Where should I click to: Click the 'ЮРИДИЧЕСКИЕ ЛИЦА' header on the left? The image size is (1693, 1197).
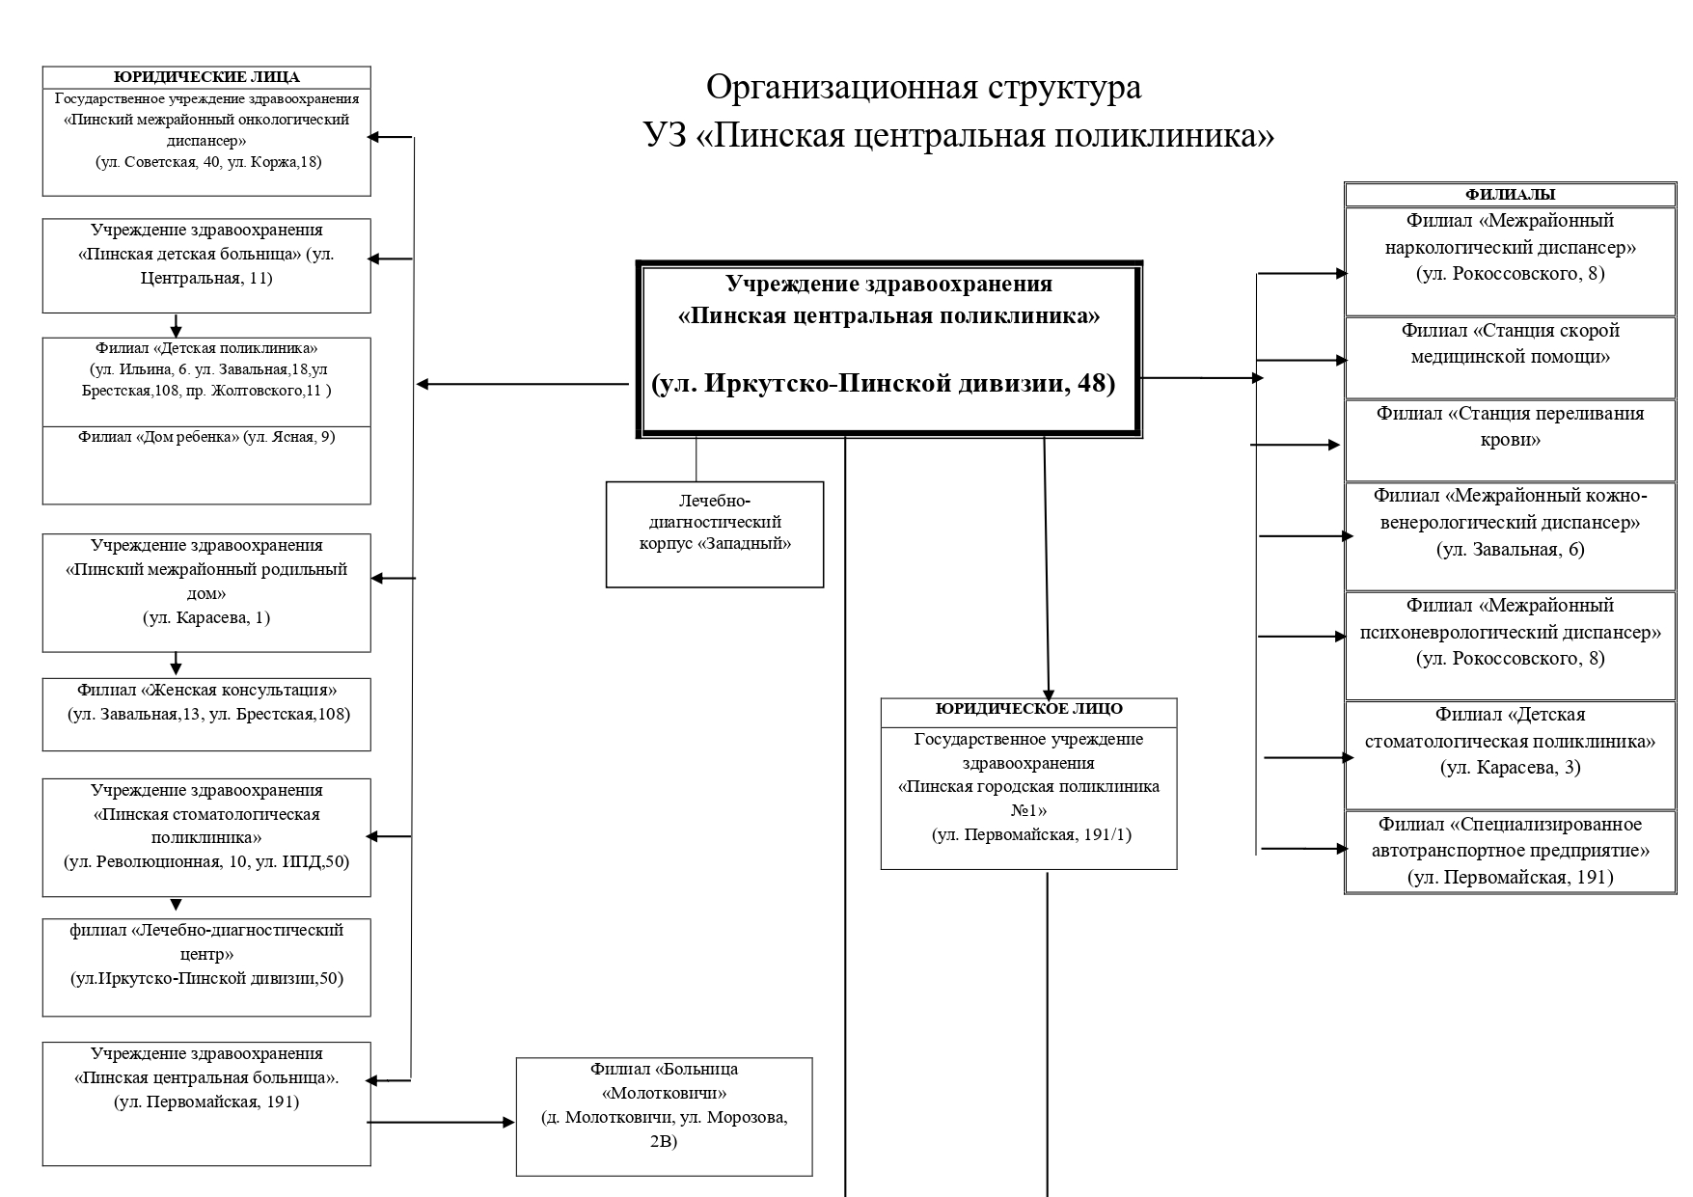point(206,77)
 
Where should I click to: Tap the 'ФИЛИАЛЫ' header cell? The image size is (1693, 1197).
point(1511,195)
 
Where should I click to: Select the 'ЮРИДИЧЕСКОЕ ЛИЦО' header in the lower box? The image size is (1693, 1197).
point(1029,709)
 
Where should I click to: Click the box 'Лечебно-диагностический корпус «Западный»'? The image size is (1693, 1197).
point(715,534)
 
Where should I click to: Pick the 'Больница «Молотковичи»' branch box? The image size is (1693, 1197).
point(665,1117)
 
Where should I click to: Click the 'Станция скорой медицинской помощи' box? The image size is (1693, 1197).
point(1511,358)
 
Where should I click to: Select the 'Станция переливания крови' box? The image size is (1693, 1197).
point(1511,441)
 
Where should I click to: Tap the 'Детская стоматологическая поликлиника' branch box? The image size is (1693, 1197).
point(1511,755)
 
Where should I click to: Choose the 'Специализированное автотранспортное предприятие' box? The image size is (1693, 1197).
point(1511,852)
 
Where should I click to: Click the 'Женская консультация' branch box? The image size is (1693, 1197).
point(206,715)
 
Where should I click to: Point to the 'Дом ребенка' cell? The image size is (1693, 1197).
point(206,465)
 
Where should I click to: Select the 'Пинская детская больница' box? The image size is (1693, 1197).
point(206,265)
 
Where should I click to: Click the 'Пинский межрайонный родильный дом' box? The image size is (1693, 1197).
point(206,593)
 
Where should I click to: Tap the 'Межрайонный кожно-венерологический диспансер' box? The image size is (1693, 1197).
point(1511,536)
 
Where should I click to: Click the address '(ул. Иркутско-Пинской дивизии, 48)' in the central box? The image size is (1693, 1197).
point(884,384)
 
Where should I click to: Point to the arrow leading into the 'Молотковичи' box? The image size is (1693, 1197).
point(442,1123)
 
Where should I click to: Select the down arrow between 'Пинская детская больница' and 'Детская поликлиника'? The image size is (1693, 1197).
point(176,325)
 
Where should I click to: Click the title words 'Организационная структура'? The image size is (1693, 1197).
point(924,88)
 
